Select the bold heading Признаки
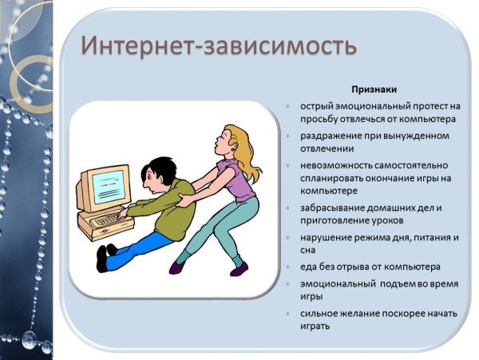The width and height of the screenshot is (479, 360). pos(375,90)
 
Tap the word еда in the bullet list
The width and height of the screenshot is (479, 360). pos(309,266)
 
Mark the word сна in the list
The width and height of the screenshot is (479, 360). pos(309,251)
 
